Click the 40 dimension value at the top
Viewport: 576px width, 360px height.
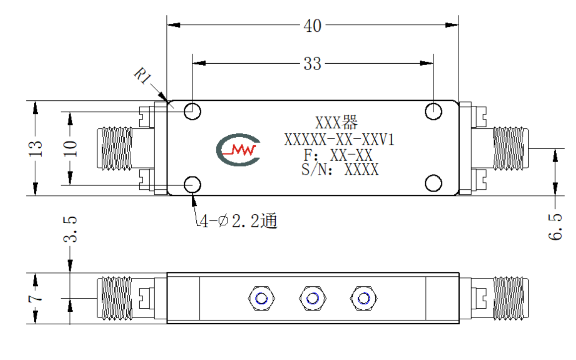pos(312,26)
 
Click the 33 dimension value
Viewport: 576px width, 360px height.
pos(312,64)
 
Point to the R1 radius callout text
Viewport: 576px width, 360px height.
pos(143,76)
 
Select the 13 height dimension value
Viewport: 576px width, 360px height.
pos(36,149)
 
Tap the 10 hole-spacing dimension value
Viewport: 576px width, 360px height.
pos(70,149)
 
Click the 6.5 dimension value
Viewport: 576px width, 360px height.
pos(555,227)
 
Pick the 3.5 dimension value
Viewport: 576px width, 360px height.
pos(70,229)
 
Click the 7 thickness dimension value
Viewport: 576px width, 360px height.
pos(36,298)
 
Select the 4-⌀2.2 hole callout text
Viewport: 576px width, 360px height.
pos(239,221)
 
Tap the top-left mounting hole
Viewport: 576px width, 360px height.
pos(192,111)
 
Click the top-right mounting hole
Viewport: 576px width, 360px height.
pos(433,111)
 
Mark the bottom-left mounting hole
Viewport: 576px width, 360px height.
pos(192,184)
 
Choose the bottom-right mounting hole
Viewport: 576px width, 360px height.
pos(433,183)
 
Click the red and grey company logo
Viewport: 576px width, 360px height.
pos(239,150)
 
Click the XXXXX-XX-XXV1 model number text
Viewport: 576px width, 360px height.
pos(339,140)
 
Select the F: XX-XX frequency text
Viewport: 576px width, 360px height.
pos(338,155)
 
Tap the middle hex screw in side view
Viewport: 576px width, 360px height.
pos(313,298)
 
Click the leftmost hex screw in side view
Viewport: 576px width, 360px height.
pos(261,298)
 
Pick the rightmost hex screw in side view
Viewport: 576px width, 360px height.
pos(364,298)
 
